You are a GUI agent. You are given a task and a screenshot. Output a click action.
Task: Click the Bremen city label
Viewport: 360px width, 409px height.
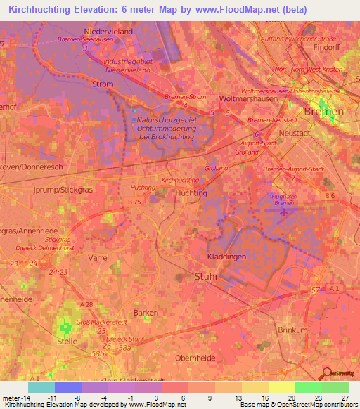[x=323, y=112]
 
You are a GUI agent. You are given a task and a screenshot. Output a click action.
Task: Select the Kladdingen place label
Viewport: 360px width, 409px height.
[x=226, y=257]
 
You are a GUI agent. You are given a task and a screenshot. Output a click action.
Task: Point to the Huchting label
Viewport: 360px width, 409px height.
[x=191, y=193]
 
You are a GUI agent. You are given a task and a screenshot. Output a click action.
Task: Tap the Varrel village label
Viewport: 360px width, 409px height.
[x=98, y=258]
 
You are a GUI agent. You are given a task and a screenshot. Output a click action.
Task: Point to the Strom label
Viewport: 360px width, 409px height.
[x=103, y=84]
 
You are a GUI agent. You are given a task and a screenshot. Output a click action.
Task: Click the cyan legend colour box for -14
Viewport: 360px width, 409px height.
[x=41, y=387]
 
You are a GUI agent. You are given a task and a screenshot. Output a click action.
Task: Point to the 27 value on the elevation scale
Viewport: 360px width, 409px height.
[x=345, y=398]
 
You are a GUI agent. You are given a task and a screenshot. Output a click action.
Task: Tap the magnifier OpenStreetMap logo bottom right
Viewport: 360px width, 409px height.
[x=326, y=375]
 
